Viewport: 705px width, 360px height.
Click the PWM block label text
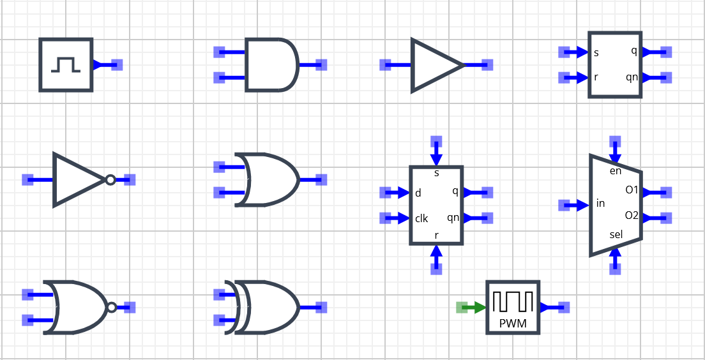[513, 323]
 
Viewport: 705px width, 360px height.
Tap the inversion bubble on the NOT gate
[110, 180]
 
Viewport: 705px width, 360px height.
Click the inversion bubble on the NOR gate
[112, 308]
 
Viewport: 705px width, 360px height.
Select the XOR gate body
[268, 307]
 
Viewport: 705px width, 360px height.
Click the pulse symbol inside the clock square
[66, 64]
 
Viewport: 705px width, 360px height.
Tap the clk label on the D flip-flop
[421, 218]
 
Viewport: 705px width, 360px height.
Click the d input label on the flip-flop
[418, 193]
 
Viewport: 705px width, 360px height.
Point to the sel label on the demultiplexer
[616, 234]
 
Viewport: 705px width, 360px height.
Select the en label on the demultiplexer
[616, 170]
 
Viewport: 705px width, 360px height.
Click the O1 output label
[632, 190]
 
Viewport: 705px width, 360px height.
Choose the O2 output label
[632, 216]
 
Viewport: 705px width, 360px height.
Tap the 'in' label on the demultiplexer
[600, 204]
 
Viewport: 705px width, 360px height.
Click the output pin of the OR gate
[321, 179]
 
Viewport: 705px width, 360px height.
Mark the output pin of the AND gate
[321, 64]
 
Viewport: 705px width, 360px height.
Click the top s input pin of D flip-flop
[436, 141]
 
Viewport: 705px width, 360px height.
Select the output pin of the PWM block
[563, 308]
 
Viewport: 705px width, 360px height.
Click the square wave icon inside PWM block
[513, 301]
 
